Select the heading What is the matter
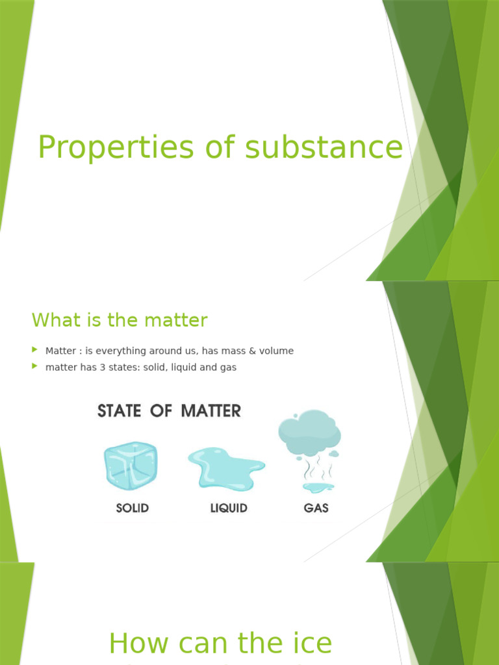tap(120, 320)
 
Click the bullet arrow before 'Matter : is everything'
tap(35, 350)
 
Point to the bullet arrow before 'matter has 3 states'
tap(35, 367)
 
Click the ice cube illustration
tap(131, 466)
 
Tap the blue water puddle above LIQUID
tap(225, 467)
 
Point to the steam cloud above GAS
tap(309, 432)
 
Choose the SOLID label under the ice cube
tap(133, 508)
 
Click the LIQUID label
tap(229, 508)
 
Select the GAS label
tap(316, 508)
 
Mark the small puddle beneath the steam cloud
tap(318, 486)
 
